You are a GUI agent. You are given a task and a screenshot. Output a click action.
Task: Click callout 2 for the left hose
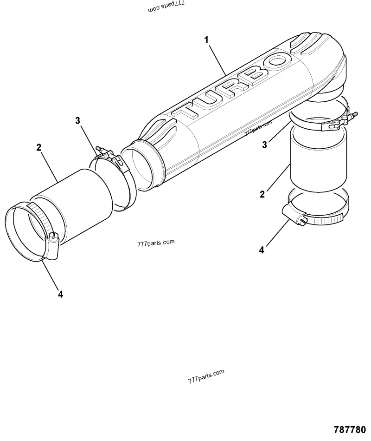[39, 147]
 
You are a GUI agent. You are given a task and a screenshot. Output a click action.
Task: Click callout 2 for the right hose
[262, 194]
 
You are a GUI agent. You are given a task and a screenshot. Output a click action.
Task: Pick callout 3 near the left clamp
[77, 121]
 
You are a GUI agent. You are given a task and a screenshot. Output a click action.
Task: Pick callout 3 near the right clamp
[264, 145]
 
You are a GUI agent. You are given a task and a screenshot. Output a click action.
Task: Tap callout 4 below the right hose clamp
[262, 250]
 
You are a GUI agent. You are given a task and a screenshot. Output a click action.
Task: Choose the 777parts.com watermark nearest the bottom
[206, 375]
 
